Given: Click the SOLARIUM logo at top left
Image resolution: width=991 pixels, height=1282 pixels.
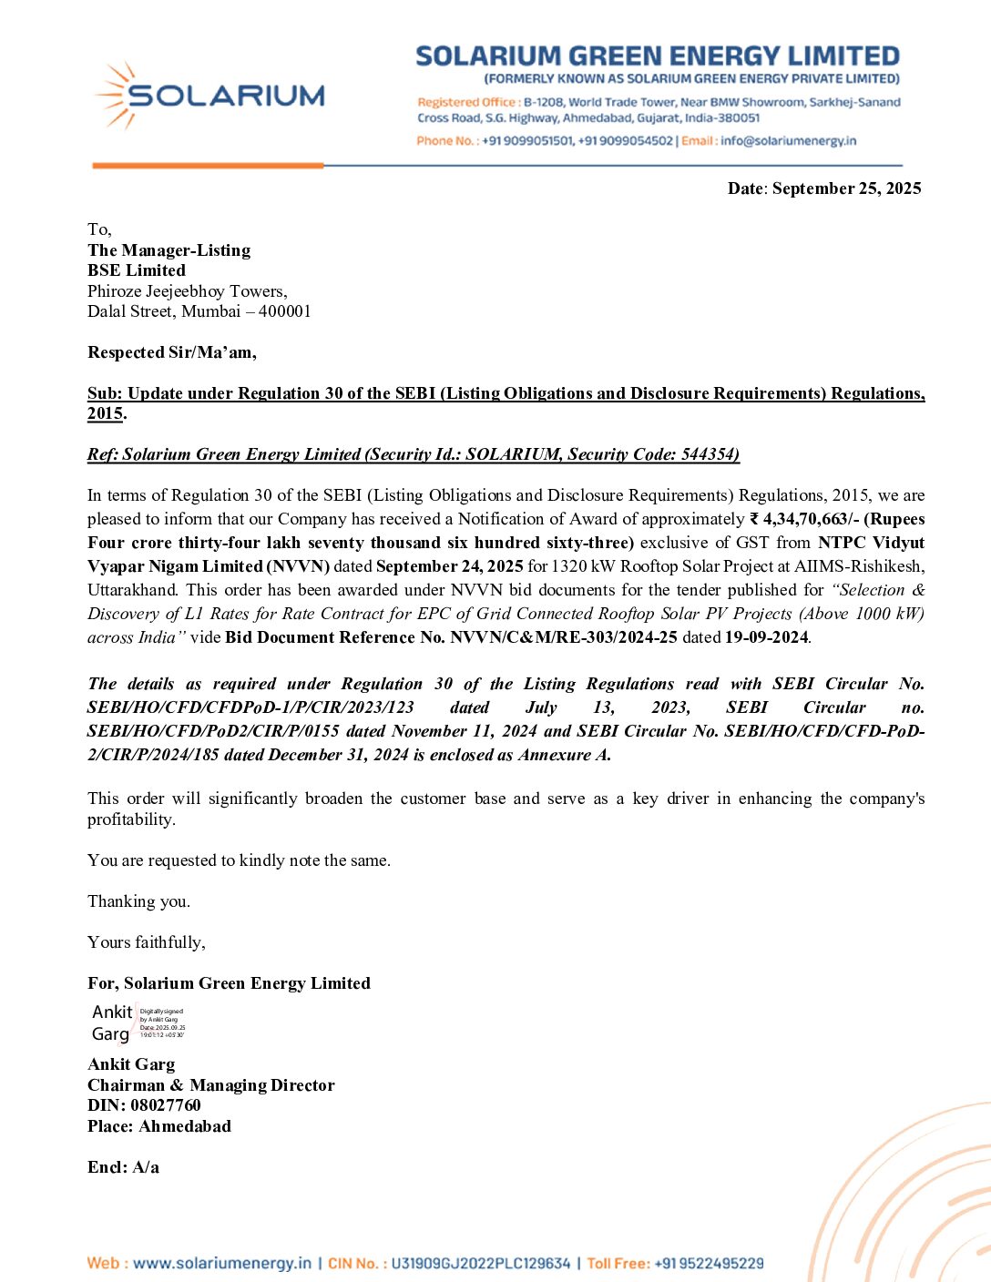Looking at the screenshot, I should point(210,95).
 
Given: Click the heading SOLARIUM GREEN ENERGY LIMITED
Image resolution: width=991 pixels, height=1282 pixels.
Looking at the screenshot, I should point(657,56).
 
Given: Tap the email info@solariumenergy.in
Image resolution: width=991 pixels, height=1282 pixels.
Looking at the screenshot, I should point(788,141).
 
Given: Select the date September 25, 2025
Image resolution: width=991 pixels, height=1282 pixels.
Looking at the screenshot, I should point(846,188).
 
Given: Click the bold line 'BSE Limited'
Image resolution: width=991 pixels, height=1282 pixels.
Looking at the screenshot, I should point(137,270).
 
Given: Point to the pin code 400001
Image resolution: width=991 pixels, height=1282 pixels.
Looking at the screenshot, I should point(285,311).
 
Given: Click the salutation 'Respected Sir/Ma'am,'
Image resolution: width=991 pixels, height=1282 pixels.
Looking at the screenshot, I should point(172,352).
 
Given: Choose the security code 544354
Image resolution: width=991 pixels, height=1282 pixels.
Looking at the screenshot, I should point(709,454).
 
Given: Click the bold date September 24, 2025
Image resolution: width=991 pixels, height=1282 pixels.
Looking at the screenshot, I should point(450,566).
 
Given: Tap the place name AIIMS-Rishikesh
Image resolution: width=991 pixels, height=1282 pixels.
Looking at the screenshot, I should point(858,566).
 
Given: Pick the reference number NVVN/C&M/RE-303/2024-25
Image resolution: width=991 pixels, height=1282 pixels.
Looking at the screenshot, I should point(563,637).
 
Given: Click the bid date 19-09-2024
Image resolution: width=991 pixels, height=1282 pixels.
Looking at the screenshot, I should point(766,637).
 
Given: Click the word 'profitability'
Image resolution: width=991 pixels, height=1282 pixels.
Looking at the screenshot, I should point(130,819).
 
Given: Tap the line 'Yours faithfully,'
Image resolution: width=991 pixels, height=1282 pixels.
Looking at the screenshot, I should point(147,942).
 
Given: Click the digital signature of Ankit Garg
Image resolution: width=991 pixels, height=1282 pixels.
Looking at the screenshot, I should point(138,1023).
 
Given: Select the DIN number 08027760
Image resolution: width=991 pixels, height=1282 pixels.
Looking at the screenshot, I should point(166,1105).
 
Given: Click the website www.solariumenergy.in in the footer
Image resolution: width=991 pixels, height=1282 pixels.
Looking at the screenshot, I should point(221,1264).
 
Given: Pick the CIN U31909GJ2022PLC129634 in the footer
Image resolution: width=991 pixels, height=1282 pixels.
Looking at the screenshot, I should point(480,1264).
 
